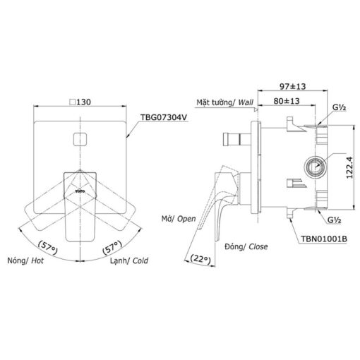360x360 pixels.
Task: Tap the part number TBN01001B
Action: coord(324,239)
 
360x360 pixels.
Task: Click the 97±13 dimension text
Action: coord(293,86)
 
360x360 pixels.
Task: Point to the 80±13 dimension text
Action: coord(287,101)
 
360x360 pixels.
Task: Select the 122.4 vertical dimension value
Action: coord(349,167)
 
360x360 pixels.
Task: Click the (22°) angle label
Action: coord(200,259)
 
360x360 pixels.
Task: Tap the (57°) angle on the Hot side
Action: coord(48,247)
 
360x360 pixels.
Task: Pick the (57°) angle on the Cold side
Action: coord(112,247)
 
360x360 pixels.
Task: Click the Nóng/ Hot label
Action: coord(25,260)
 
